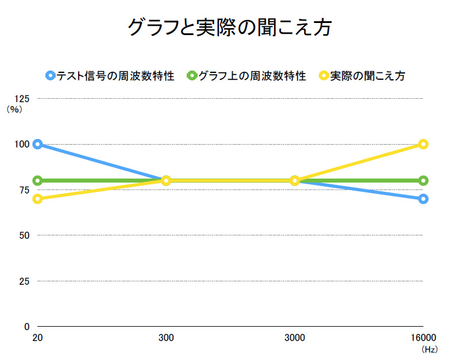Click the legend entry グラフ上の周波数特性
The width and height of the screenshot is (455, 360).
tap(246, 76)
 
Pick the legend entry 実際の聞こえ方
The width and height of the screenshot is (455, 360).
tap(362, 76)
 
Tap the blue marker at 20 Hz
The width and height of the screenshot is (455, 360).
tap(38, 144)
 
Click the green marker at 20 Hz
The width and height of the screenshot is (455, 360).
tap(38, 180)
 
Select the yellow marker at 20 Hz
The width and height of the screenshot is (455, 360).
tap(38, 199)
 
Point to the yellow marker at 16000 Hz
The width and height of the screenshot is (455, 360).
tap(423, 144)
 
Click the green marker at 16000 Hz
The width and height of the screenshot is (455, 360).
tap(423, 180)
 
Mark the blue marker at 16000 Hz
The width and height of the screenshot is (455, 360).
tap(423, 199)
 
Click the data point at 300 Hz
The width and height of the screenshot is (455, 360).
tap(166, 180)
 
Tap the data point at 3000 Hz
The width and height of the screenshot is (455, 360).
tap(295, 180)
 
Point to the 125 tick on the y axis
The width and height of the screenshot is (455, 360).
tap(25, 99)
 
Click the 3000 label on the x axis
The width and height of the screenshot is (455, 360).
tap(295, 338)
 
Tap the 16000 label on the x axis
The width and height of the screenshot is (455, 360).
tap(423, 338)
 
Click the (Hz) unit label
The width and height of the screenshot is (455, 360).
tap(429, 349)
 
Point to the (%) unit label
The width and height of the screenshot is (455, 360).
tap(14, 109)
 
